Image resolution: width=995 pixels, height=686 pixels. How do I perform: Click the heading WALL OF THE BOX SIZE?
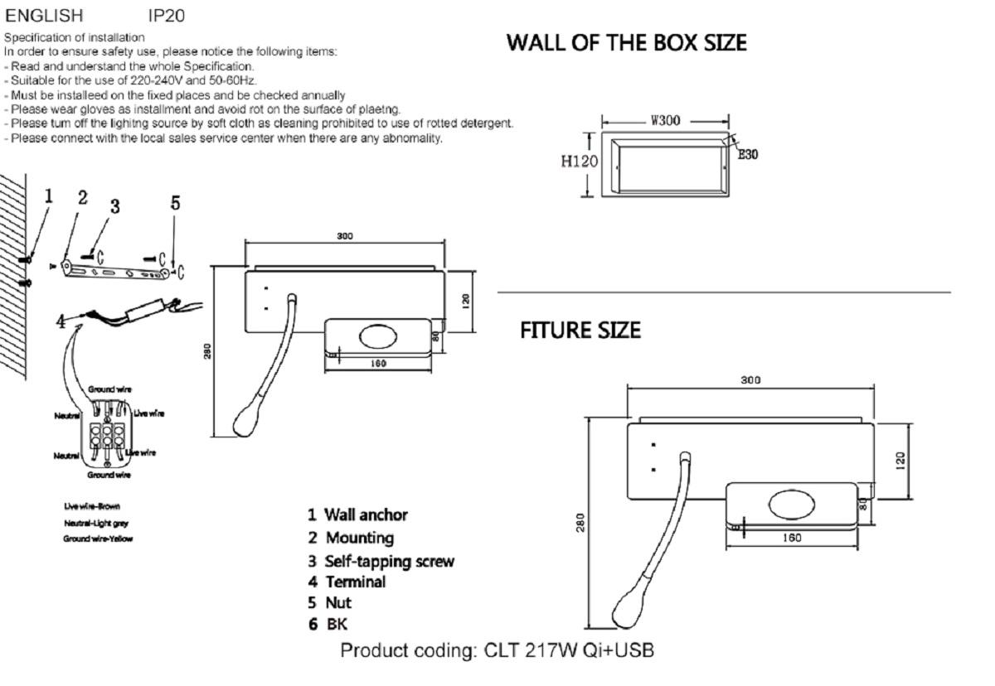pyautogui.click(x=626, y=42)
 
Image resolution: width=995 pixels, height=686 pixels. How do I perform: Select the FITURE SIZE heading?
pyautogui.click(x=580, y=331)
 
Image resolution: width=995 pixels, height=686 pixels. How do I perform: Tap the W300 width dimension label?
pyautogui.click(x=665, y=121)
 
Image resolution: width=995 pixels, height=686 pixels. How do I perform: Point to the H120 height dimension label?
pyautogui.click(x=578, y=162)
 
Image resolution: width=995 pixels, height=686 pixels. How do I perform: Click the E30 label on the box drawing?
pyautogui.click(x=748, y=153)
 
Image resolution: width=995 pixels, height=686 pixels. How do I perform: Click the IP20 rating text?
pyautogui.click(x=166, y=15)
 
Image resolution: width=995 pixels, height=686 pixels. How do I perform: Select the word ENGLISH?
pyautogui.click(x=45, y=15)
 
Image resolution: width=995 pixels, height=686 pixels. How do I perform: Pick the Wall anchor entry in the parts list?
pyautogui.click(x=358, y=514)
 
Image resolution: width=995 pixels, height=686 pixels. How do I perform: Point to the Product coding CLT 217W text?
pyautogui.click(x=498, y=650)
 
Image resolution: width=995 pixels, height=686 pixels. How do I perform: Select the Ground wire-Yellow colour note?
pyautogui.click(x=98, y=539)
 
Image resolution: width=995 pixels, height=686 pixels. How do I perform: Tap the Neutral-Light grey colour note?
pyautogui.click(x=96, y=523)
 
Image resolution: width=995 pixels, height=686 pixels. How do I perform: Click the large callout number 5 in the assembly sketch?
pyautogui.click(x=175, y=202)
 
